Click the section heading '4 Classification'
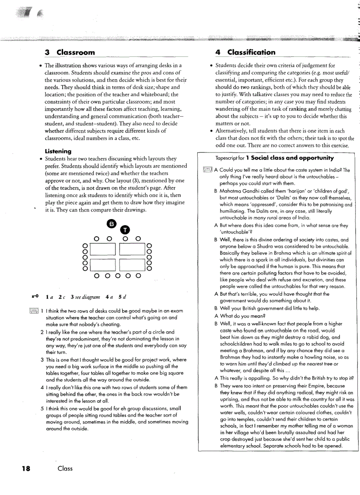(245, 52)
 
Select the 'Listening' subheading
(58, 151)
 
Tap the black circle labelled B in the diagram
(112, 223)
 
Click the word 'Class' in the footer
(65, 469)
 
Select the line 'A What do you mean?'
(239, 316)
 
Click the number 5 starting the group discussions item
(41, 408)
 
